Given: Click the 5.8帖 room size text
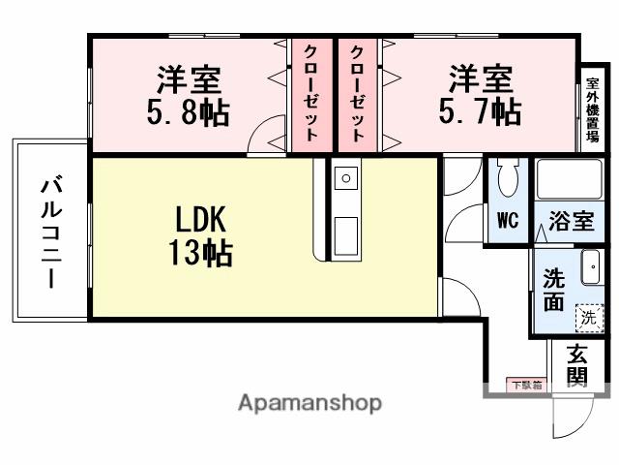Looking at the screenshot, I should (x=190, y=112).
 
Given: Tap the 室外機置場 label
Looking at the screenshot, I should (x=591, y=108).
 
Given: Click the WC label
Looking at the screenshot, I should (x=507, y=220).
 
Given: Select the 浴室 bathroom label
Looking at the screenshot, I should (x=570, y=222).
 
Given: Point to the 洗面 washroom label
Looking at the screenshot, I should (x=552, y=289).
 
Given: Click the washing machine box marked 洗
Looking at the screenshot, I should (x=587, y=315).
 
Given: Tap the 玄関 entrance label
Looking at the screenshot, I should (x=577, y=365).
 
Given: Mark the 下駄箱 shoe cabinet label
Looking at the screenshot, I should (x=526, y=386).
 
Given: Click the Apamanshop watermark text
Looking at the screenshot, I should (x=309, y=403).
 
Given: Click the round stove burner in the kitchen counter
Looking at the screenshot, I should (x=345, y=177).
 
